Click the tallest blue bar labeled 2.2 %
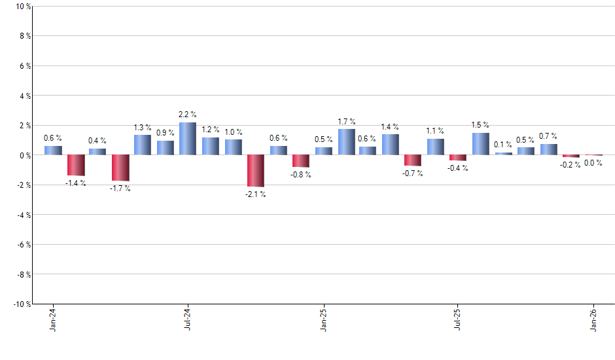pyautogui.click(x=188, y=139)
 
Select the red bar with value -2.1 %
pyautogui.click(x=255, y=170)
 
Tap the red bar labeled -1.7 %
pyautogui.click(x=120, y=168)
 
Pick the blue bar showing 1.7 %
pyautogui.click(x=346, y=142)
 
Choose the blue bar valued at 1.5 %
pyautogui.click(x=481, y=143)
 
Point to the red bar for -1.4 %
pyautogui.click(x=76, y=165)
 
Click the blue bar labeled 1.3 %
pyautogui.click(x=143, y=145)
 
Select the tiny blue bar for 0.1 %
pyautogui.click(x=503, y=154)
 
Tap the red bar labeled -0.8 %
pyautogui.click(x=300, y=161)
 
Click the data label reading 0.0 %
pyautogui.click(x=593, y=163)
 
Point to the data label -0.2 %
pyautogui.click(x=571, y=165)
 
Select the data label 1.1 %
pyautogui.click(x=436, y=131)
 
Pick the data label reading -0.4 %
pyautogui.click(x=458, y=168)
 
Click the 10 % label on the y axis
pyautogui.click(x=22, y=7)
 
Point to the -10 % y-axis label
pyautogui.click(x=20, y=304)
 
